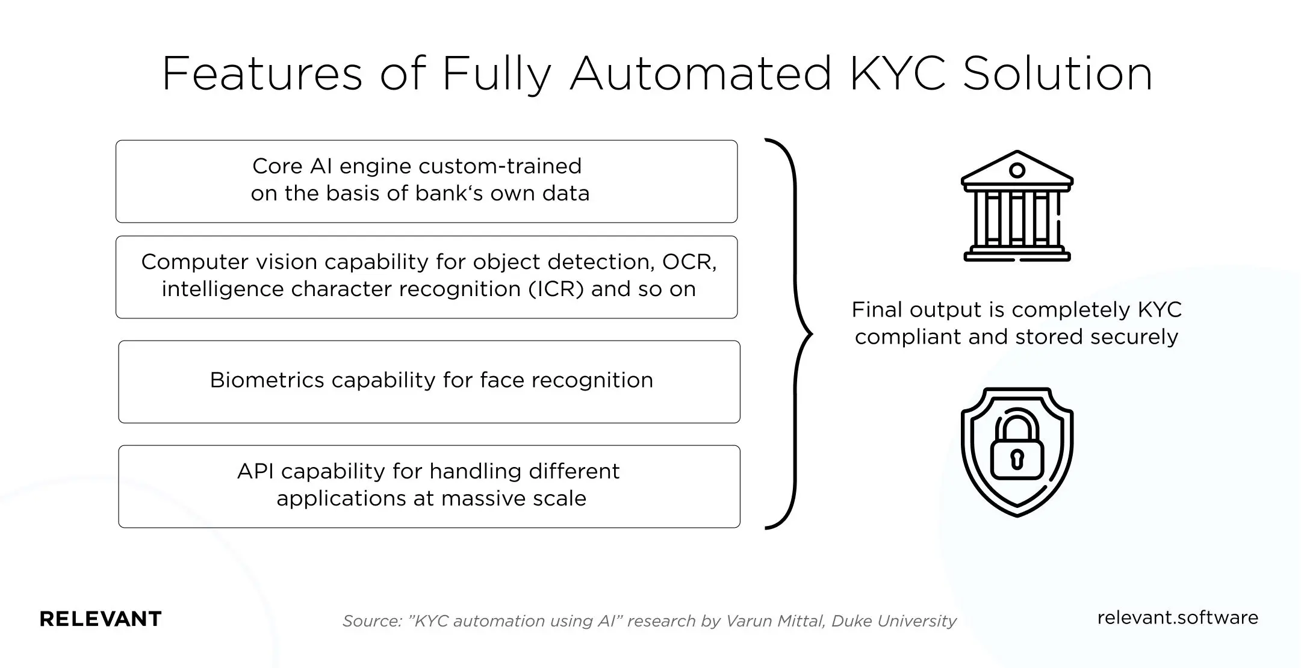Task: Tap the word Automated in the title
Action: (x=701, y=74)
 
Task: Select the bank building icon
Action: (x=1017, y=206)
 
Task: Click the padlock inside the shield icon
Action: (x=1017, y=448)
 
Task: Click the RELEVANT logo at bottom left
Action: (x=101, y=619)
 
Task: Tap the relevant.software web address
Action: (x=1178, y=618)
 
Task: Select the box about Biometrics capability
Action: (x=429, y=382)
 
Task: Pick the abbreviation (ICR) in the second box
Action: (x=556, y=289)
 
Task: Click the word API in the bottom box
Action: (x=256, y=471)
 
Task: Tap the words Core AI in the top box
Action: (x=293, y=166)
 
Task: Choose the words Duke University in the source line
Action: (x=893, y=621)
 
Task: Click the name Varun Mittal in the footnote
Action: (x=775, y=621)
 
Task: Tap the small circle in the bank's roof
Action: (x=1017, y=170)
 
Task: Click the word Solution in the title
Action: (x=1057, y=74)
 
